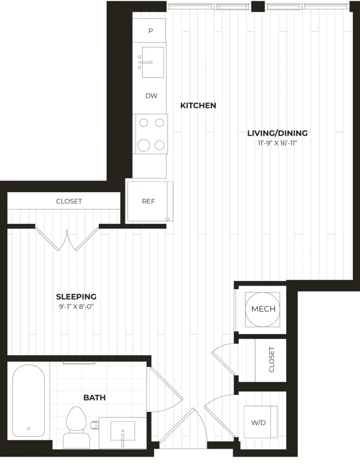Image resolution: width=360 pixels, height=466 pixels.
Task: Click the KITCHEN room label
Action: click(x=198, y=106)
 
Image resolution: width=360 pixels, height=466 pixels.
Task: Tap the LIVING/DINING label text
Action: click(x=277, y=133)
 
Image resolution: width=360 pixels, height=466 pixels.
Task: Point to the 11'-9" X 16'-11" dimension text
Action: click(x=277, y=143)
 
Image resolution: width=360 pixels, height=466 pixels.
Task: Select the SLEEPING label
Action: click(x=76, y=297)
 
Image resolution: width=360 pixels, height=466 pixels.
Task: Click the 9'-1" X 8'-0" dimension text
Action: click(x=76, y=307)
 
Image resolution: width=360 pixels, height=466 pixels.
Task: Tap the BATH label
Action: click(x=95, y=398)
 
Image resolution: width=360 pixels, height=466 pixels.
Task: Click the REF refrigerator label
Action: click(x=148, y=202)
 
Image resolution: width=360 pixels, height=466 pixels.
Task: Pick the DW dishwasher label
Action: click(x=151, y=96)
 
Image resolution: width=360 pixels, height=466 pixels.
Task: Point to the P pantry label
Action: click(x=151, y=30)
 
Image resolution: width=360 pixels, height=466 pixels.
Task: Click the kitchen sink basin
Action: click(x=153, y=62)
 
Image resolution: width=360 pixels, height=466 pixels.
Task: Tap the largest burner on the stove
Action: click(x=143, y=145)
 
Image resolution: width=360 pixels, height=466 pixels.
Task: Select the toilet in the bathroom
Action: click(x=76, y=427)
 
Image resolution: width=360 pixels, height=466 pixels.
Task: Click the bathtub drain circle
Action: click(x=29, y=429)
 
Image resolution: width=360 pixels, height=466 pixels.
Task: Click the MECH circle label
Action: click(x=263, y=309)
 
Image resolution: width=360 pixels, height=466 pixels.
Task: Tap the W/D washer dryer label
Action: click(x=259, y=423)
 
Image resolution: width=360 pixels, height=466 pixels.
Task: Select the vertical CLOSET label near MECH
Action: click(x=271, y=360)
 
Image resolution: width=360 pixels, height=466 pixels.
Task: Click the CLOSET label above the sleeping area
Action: click(x=69, y=201)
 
